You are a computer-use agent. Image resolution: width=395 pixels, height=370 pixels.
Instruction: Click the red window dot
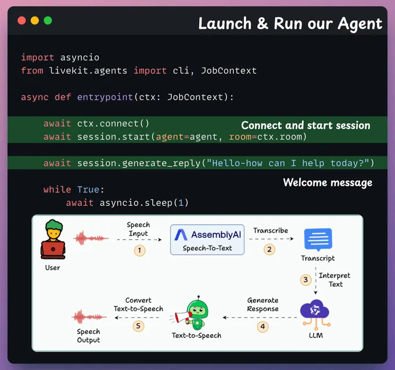(21, 20)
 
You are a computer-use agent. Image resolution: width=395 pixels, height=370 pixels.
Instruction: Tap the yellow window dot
(35, 20)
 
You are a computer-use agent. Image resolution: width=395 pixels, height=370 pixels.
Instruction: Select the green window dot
(48, 20)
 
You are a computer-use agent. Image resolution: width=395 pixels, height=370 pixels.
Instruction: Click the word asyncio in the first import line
(80, 58)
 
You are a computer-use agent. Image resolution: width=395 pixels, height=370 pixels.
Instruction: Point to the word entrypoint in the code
(105, 97)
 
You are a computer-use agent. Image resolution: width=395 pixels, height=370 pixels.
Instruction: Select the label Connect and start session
(306, 126)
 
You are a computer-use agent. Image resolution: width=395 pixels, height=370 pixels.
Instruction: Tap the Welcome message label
(328, 183)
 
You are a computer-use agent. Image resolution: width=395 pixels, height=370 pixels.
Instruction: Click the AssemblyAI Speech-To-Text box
(207, 239)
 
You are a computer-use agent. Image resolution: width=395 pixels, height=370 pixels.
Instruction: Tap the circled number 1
(139, 250)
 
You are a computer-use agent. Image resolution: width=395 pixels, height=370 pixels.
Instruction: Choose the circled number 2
(270, 249)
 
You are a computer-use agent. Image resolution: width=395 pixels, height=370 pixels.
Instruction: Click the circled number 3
(306, 280)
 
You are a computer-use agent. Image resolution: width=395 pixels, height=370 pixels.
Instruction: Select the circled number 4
(263, 326)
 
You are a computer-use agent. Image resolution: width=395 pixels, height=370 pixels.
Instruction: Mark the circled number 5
(138, 326)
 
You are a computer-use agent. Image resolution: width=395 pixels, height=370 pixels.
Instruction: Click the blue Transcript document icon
(318, 239)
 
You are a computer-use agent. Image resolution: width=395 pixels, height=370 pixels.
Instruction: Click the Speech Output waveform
(88, 316)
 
